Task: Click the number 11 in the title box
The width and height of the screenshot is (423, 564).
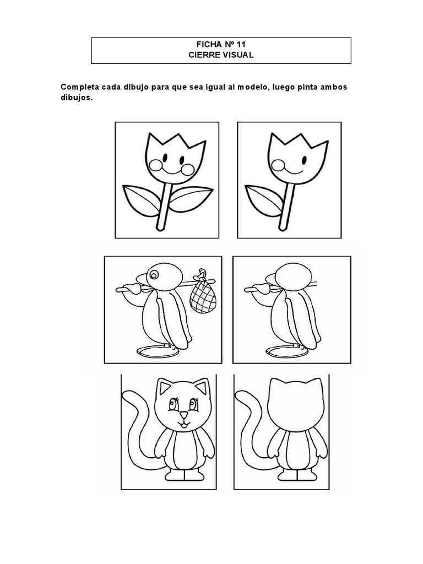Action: [x=241, y=45]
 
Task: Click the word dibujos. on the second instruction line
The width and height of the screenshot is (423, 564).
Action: [x=77, y=97]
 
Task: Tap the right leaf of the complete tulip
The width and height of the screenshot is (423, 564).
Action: [x=191, y=198]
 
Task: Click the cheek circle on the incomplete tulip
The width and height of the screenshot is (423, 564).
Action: [x=278, y=166]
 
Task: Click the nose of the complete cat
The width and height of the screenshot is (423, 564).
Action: [x=184, y=415]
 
